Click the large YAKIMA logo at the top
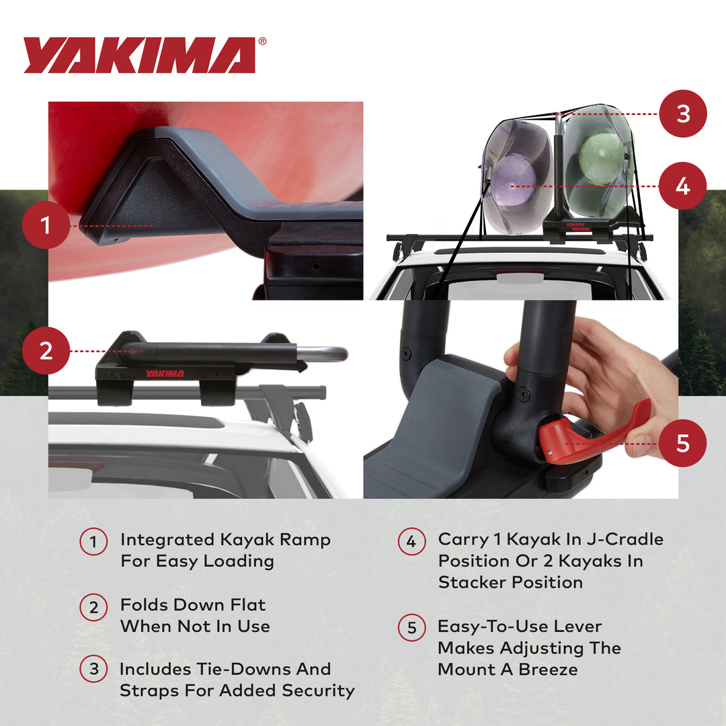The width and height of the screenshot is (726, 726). (139, 55)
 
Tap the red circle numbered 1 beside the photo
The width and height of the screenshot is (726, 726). (46, 226)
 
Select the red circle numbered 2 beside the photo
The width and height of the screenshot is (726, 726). (46, 351)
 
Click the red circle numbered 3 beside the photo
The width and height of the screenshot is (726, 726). (683, 114)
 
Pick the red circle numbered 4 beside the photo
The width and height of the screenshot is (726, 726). (683, 186)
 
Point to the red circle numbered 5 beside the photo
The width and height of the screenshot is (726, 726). (683, 443)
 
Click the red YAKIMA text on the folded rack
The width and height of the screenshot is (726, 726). (165, 373)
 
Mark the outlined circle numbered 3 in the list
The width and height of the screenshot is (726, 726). (93, 670)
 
